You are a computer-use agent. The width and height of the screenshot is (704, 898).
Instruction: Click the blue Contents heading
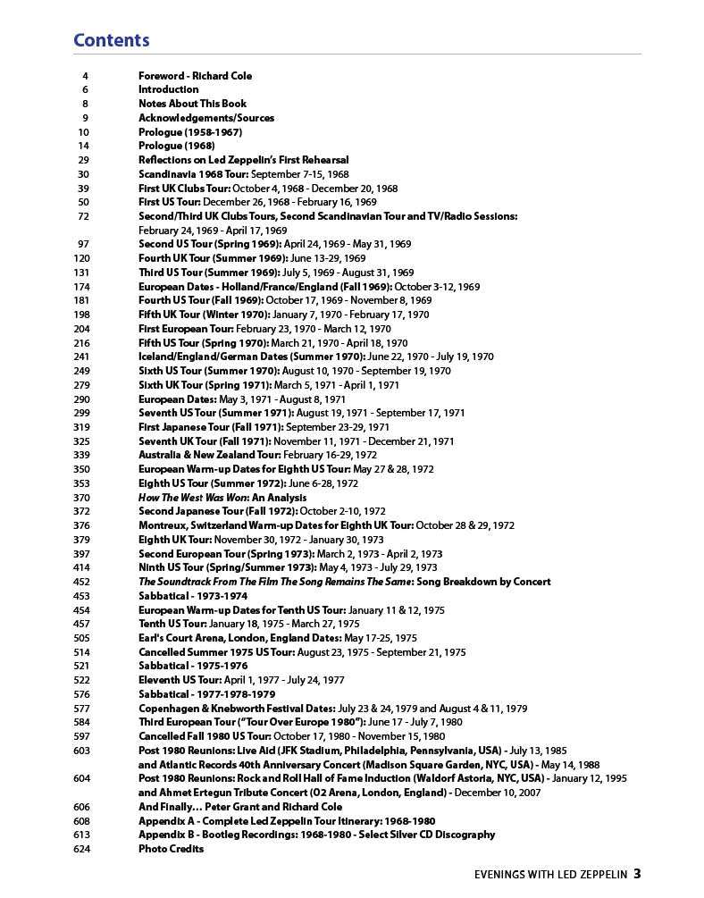pos(111,40)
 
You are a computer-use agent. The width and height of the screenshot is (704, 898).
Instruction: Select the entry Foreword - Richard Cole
pos(195,76)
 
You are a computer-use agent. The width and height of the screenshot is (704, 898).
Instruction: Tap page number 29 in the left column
pos(83,160)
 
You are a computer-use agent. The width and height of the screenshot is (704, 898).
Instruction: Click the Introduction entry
pos(168,89)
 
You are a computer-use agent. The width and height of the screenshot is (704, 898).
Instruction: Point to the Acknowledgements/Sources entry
pos(206,118)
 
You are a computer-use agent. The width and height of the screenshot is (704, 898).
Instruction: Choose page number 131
pos(81,273)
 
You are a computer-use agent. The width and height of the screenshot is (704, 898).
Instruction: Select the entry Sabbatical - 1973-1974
pos(192,596)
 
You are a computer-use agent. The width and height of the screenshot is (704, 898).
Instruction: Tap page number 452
pos(81,582)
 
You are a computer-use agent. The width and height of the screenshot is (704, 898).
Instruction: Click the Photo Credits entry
pos(171,849)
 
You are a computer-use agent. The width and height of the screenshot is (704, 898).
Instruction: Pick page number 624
pos(81,849)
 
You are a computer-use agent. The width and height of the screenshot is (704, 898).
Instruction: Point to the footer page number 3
pos(637,874)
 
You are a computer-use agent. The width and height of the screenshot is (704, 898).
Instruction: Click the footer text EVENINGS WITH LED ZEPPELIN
pos(550,875)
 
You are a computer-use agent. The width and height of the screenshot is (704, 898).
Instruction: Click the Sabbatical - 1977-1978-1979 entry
pos(206,694)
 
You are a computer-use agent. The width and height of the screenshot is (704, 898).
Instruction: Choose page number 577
pos(81,709)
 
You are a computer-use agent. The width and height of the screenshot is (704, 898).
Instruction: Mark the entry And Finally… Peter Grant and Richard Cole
pos(239,807)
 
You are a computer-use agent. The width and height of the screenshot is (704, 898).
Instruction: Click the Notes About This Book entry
pos(192,104)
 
